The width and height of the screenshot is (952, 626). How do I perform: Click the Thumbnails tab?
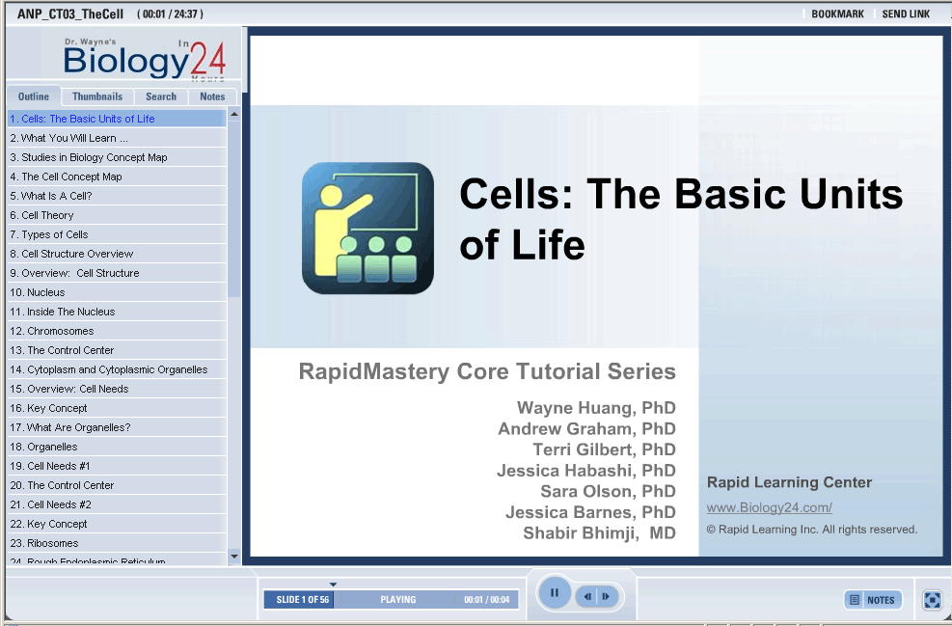(97, 96)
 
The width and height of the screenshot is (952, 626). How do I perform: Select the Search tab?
(161, 96)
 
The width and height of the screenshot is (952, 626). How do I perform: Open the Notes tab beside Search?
(212, 96)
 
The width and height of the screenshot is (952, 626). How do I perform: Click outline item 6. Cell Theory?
(41, 215)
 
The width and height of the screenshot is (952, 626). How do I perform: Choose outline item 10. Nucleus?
(38, 292)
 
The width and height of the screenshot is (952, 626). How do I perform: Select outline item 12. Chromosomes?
(52, 331)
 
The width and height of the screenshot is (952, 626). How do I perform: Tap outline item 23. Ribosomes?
(44, 543)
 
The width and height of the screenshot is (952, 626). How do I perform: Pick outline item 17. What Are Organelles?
(70, 427)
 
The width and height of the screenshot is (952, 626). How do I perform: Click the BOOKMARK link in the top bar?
(837, 14)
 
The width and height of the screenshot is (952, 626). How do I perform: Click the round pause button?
(555, 592)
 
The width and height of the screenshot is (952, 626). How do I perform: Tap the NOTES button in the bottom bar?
(873, 600)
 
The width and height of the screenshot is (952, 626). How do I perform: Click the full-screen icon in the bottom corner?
(932, 600)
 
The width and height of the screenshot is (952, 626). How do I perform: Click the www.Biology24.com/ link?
(770, 507)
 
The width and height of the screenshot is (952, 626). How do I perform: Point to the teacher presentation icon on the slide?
(367, 228)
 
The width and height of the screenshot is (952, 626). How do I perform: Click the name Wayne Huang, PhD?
(596, 408)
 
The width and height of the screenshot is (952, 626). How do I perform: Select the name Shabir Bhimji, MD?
(599, 533)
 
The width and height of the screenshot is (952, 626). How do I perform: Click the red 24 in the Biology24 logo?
(208, 59)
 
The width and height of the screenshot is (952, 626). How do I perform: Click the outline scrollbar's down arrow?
(234, 557)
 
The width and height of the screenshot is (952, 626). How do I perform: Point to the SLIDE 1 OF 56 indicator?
(302, 600)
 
